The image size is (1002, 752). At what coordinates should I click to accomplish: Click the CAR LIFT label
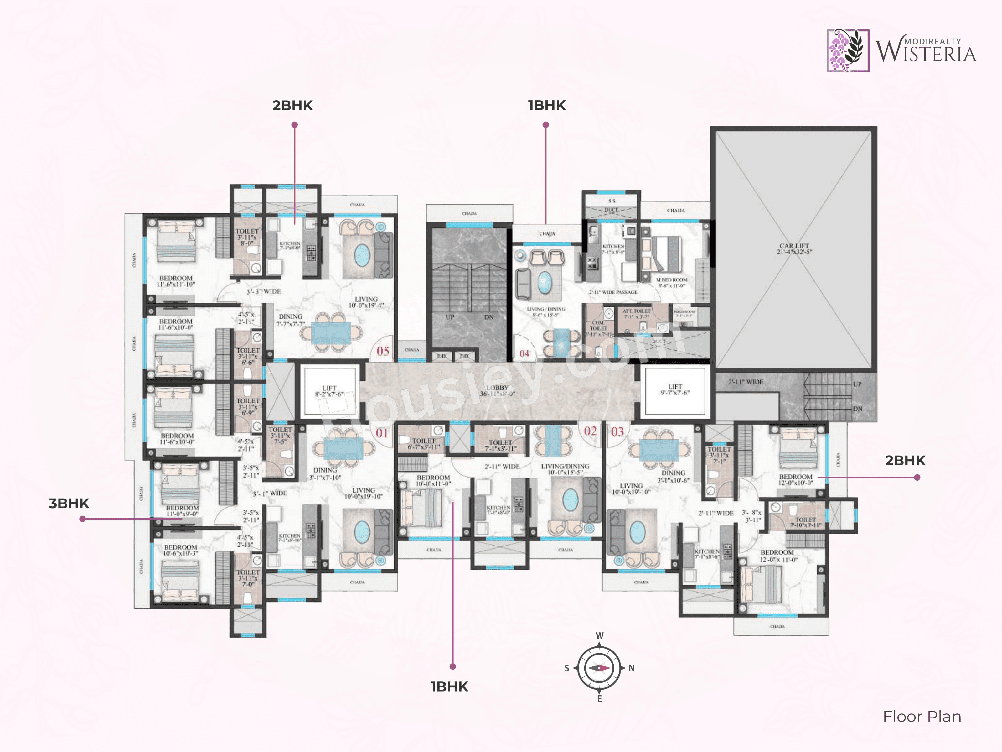pyautogui.click(x=794, y=249)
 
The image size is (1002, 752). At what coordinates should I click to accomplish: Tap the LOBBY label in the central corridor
pyautogui.click(x=497, y=391)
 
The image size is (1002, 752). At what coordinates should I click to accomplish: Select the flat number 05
pyautogui.click(x=383, y=351)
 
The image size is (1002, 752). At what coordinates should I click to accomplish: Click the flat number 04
pyautogui.click(x=524, y=353)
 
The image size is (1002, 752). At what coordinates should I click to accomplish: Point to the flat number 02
pyautogui.click(x=590, y=431)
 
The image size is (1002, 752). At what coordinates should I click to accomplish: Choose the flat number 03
pyautogui.click(x=617, y=431)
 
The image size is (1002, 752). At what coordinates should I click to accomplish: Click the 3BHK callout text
pyautogui.click(x=69, y=504)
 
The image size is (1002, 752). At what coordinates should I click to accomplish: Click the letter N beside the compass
pyautogui.click(x=632, y=668)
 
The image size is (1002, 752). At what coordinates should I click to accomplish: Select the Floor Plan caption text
pyautogui.click(x=922, y=717)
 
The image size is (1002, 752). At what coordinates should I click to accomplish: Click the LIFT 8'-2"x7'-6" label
pyautogui.click(x=329, y=391)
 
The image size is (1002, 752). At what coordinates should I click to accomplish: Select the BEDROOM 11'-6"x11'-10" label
pyautogui.click(x=176, y=281)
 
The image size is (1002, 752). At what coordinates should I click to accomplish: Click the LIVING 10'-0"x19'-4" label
pyautogui.click(x=366, y=302)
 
